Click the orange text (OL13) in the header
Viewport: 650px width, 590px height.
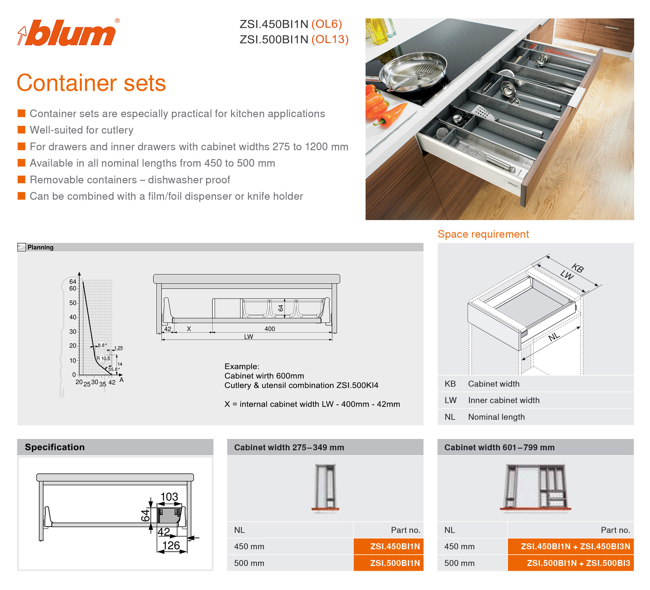pos(330,39)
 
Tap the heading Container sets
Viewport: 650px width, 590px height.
pos(91,83)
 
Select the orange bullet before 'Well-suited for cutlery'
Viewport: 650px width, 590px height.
pos(21,130)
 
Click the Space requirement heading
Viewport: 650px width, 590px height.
pos(483,234)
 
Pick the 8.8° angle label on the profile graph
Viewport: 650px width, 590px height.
pos(102,345)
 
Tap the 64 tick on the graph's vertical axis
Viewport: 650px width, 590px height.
pos(73,282)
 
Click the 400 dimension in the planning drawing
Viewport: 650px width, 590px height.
pos(269,329)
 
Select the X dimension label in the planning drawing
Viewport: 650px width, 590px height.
pos(189,329)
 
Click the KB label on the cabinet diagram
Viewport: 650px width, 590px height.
pos(577,268)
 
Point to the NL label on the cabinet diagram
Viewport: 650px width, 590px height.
pos(554,337)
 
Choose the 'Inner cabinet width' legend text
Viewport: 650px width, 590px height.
pos(504,400)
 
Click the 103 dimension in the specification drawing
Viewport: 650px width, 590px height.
pos(169,496)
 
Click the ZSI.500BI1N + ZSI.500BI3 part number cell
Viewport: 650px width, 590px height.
pos(571,563)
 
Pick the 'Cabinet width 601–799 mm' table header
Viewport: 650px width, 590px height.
pos(499,447)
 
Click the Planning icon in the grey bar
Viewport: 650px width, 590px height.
pos(21,247)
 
